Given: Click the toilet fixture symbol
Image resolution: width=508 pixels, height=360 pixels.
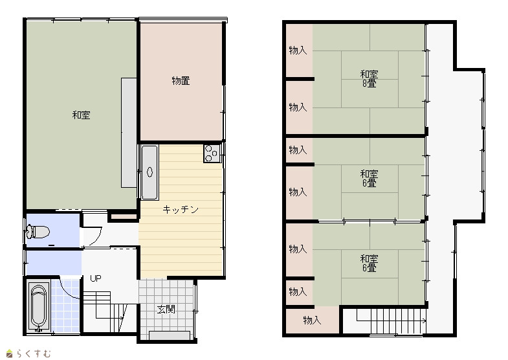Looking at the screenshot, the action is click(x=38, y=232).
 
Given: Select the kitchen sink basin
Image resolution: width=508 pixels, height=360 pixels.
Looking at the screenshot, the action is click(x=149, y=172).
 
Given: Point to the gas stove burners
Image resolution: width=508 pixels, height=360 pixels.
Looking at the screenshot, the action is click(x=212, y=153).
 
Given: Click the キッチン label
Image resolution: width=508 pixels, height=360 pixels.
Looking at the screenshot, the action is click(x=181, y=210).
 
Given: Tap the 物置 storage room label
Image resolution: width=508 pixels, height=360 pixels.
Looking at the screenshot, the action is click(x=181, y=81).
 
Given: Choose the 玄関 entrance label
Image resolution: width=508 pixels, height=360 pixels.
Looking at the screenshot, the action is click(x=166, y=309).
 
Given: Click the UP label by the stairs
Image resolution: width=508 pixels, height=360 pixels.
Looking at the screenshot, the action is click(x=96, y=278).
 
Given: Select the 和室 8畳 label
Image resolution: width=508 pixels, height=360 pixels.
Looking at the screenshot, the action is click(x=369, y=79).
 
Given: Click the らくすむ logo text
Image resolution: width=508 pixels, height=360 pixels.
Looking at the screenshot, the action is click(x=33, y=353).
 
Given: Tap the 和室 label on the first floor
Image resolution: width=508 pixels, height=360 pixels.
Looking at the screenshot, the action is click(x=81, y=115).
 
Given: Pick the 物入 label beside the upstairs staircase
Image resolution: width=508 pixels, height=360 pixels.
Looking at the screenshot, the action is click(x=312, y=320).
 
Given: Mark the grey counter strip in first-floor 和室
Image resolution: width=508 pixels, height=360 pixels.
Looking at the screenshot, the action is click(x=129, y=133).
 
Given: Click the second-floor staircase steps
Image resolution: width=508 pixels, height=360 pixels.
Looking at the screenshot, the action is click(x=391, y=321).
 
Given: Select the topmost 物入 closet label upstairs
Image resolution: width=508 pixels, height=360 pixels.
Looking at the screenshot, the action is click(x=298, y=51).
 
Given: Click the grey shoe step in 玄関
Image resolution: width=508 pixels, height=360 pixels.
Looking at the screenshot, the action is click(x=170, y=335).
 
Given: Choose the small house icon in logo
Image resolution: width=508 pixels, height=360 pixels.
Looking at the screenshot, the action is click(x=10, y=353).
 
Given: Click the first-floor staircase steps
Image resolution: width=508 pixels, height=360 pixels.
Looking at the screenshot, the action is click(x=108, y=311).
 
